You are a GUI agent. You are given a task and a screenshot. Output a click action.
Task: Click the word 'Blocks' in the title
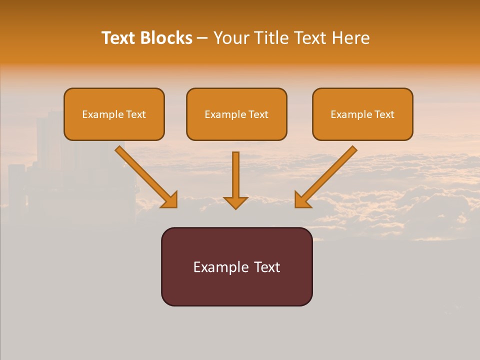[x=166, y=38]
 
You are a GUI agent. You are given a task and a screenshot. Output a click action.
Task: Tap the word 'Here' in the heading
[x=350, y=38]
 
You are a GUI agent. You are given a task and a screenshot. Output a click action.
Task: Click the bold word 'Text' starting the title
[x=119, y=38]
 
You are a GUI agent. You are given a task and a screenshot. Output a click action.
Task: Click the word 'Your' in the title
[x=230, y=38]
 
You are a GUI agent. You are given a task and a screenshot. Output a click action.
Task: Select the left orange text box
[x=114, y=114]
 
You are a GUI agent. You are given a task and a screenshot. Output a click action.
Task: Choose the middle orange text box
[x=236, y=114]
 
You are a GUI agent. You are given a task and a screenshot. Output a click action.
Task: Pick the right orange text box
[x=362, y=114]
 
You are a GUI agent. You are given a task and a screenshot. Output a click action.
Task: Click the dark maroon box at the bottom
[x=236, y=266]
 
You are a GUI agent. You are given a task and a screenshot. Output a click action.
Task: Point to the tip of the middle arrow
[x=235, y=207]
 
